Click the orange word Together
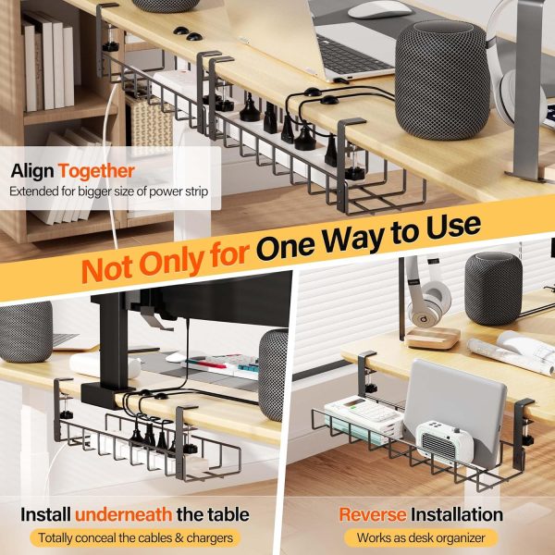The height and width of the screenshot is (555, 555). tap(96, 171)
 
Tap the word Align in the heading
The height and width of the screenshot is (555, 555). tap(32, 170)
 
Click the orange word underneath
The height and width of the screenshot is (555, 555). tap(124, 514)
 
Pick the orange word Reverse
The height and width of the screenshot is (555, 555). tap(373, 514)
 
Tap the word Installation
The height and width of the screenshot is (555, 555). tap(457, 514)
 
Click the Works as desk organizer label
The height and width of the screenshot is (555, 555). tap(421, 538)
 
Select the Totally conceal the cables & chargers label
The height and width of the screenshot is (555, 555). tap(136, 538)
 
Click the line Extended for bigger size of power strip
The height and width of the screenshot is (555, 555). tap(108, 191)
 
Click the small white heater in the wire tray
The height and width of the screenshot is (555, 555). tap(445, 442)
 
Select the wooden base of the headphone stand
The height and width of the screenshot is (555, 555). tap(432, 338)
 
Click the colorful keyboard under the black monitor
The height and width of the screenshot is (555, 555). tap(222, 366)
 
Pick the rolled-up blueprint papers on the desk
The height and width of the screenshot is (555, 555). tap(512, 353)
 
